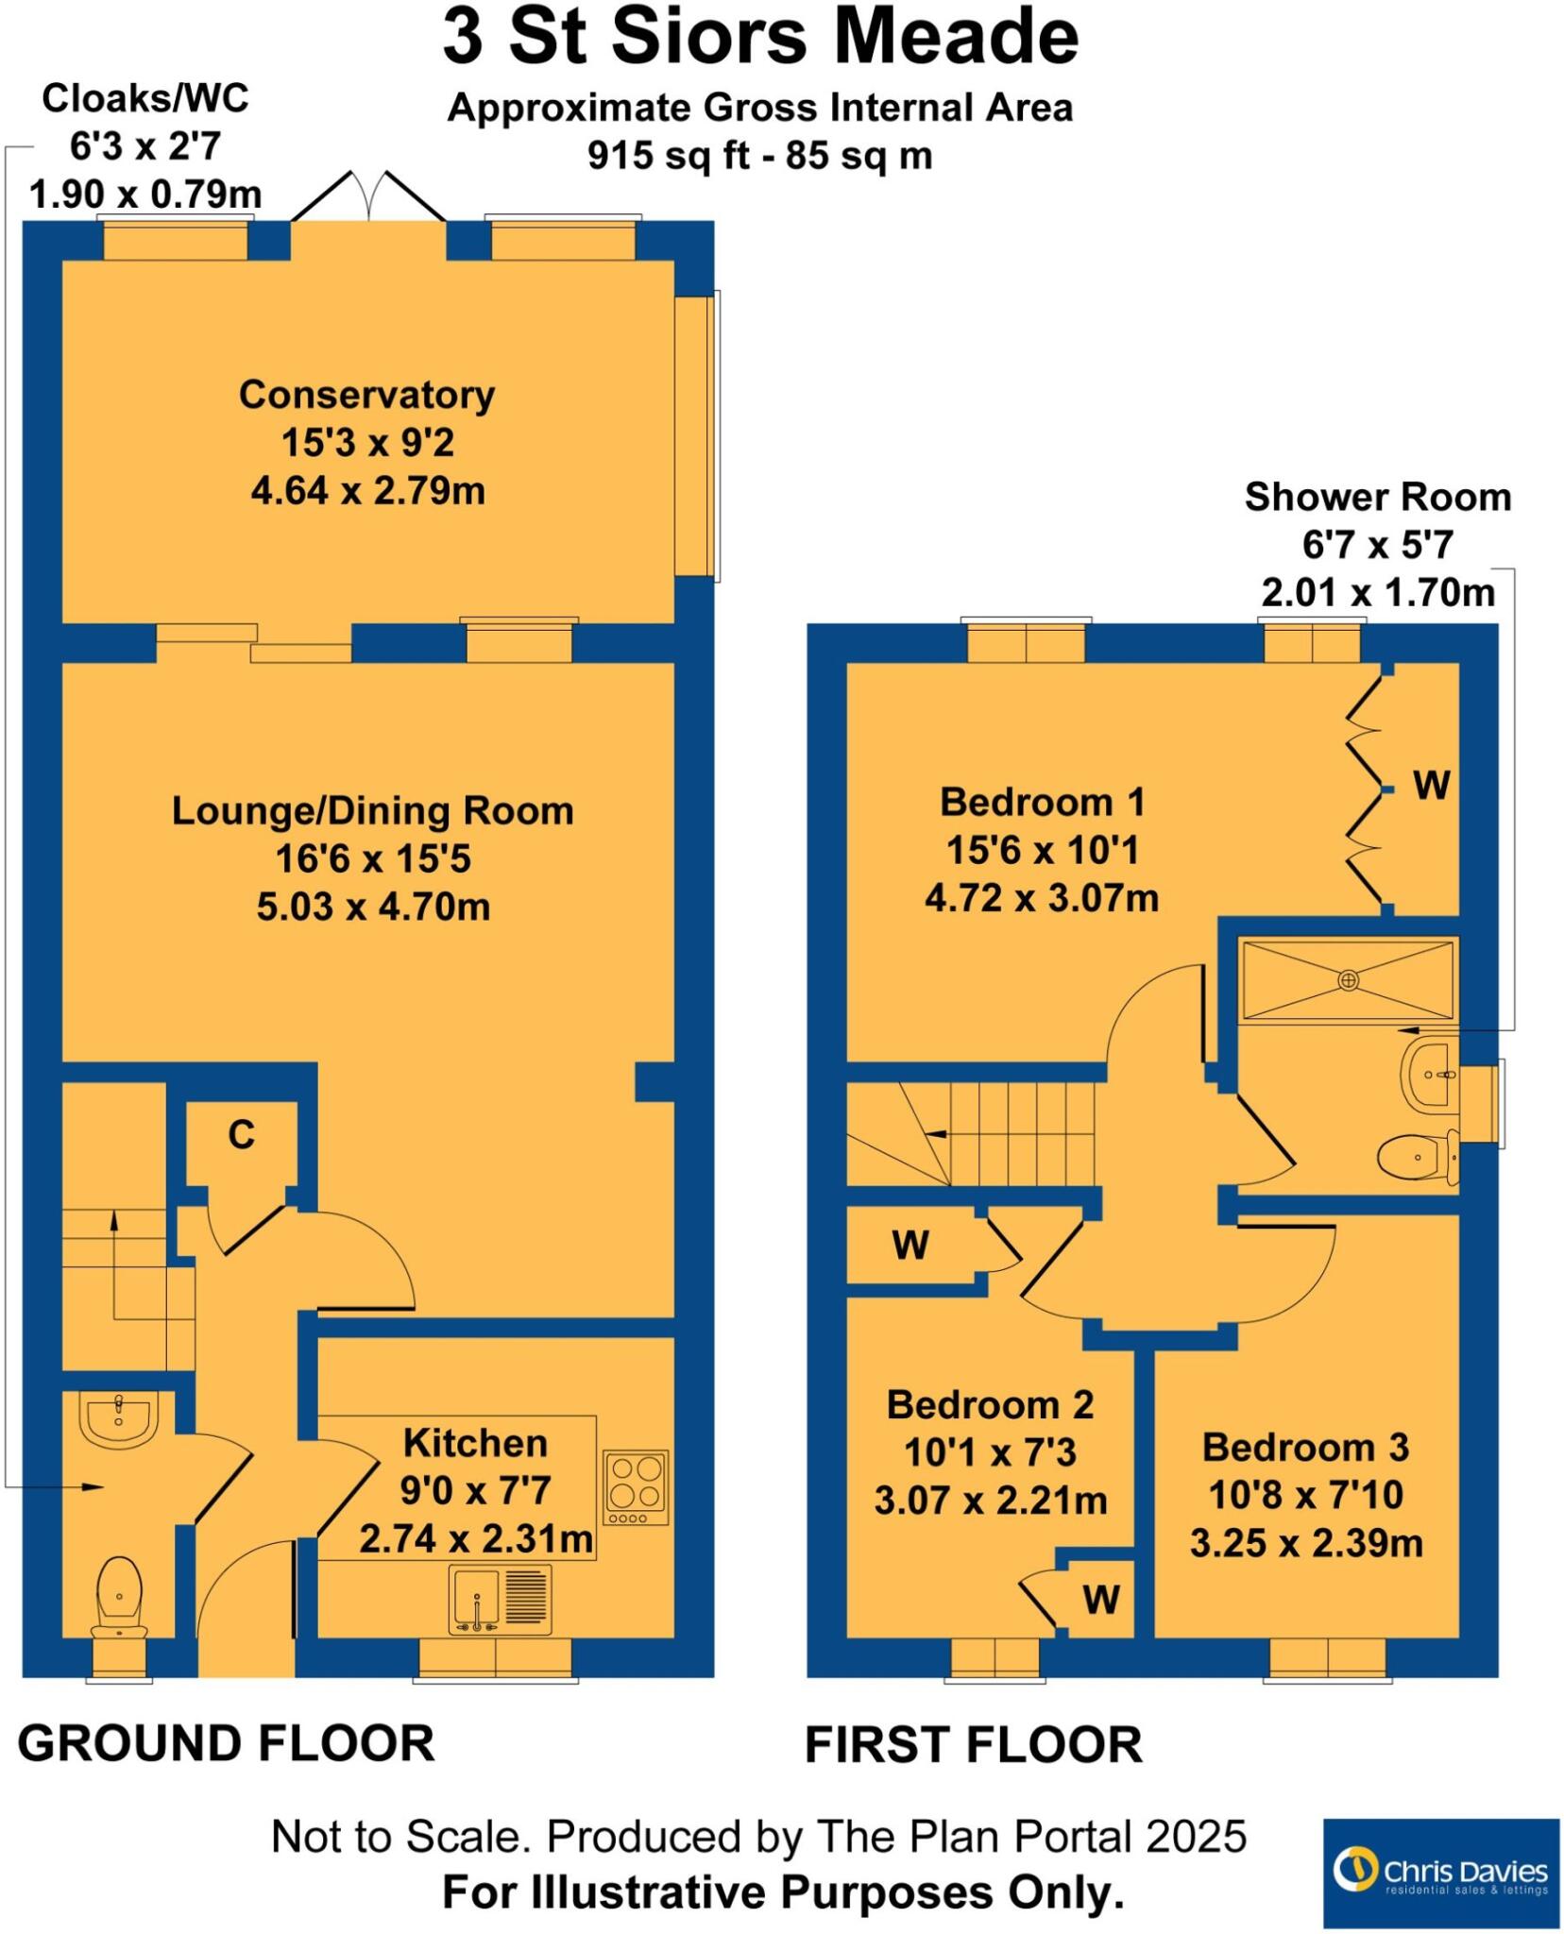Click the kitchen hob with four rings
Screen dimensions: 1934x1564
(x=636, y=1487)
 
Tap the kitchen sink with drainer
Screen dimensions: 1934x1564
(x=501, y=1600)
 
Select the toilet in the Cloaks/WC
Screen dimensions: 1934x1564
(x=119, y=1596)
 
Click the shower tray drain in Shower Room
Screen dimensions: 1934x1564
(x=1348, y=980)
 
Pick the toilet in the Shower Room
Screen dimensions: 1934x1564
(x=1416, y=1158)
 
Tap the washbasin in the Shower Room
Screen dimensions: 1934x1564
(x=1432, y=1074)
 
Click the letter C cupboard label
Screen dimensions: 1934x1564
(x=241, y=1135)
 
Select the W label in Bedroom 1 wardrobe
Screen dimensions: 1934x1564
(x=1431, y=786)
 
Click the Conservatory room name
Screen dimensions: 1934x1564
(x=366, y=395)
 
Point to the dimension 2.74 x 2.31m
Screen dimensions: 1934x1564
(x=475, y=1539)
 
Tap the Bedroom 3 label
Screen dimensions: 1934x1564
(x=1305, y=1448)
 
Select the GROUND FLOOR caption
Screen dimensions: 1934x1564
(x=226, y=1743)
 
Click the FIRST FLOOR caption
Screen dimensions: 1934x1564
(x=973, y=1745)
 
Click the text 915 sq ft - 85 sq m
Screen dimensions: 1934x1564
(x=759, y=155)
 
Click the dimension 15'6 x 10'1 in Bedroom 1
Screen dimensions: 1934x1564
(x=1042, y=851)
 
